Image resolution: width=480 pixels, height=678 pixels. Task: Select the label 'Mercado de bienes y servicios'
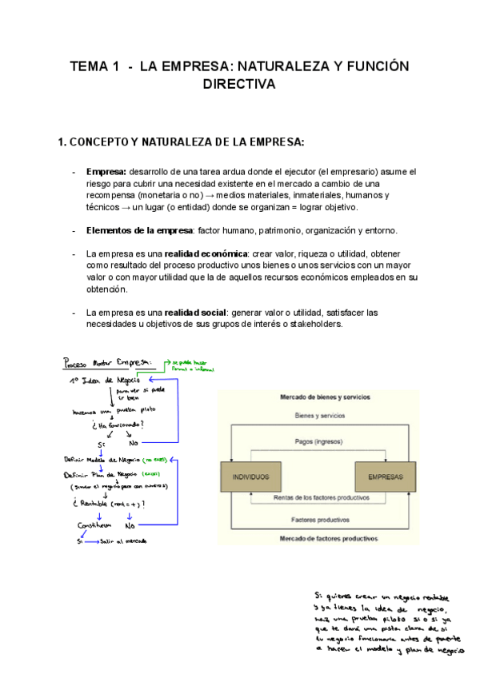pyautogui.click(x=318, y=397)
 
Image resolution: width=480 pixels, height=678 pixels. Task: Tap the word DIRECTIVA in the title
pyautogui.click(x=239, y=84)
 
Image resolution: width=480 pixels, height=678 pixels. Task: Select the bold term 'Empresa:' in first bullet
pyautogui.click(x=106, y=172)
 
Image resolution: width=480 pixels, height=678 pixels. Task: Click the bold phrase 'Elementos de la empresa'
pyautogui.click(x=139, y=231)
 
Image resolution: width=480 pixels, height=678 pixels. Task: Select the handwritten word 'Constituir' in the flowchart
pyautogui.click(x=93, y=525)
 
